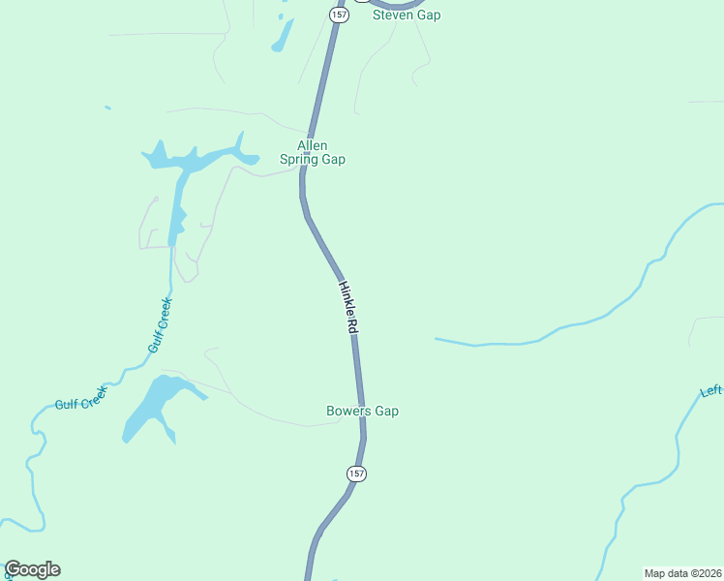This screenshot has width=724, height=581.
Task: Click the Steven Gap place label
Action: pos(407,15)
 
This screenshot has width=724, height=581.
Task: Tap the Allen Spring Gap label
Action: pos(312,153)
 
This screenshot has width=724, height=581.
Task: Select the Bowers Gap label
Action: pos(362,412)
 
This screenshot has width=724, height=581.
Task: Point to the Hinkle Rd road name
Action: pos(348,308)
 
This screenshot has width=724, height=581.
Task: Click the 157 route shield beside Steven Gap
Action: pos(338,15)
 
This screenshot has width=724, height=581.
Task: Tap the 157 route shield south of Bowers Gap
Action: pos(356,474)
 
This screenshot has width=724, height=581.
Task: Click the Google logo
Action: pos(32,569)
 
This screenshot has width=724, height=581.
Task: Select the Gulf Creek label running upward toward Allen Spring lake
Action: pos(160,325)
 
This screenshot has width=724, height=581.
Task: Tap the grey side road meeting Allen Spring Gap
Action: pos(261,174)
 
